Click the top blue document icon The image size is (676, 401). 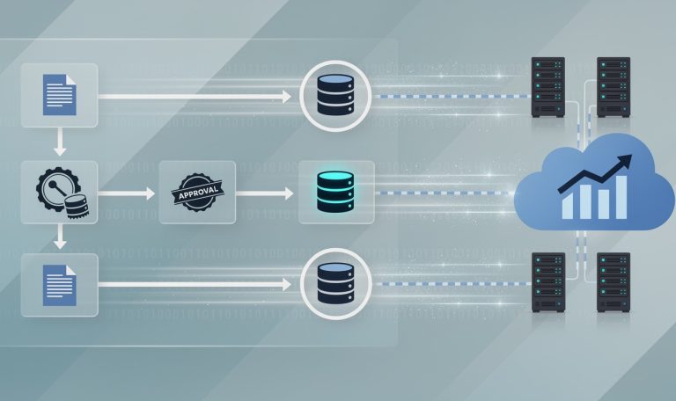60,95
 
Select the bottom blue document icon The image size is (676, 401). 60,285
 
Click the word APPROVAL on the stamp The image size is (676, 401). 198,193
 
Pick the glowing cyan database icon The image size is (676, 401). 335,192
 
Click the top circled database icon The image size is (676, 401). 335,95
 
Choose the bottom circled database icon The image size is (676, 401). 335,284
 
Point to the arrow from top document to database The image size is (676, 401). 195,97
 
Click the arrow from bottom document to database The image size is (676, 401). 195,284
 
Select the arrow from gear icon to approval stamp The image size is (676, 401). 127,193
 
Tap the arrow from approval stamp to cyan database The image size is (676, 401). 265,193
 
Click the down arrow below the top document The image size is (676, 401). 60,142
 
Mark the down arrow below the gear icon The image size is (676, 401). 60,237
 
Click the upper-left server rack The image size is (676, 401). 548,87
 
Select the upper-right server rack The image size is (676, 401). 614,87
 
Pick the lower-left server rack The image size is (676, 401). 548,282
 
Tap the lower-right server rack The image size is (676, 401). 614,282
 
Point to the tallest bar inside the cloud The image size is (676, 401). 621,197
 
